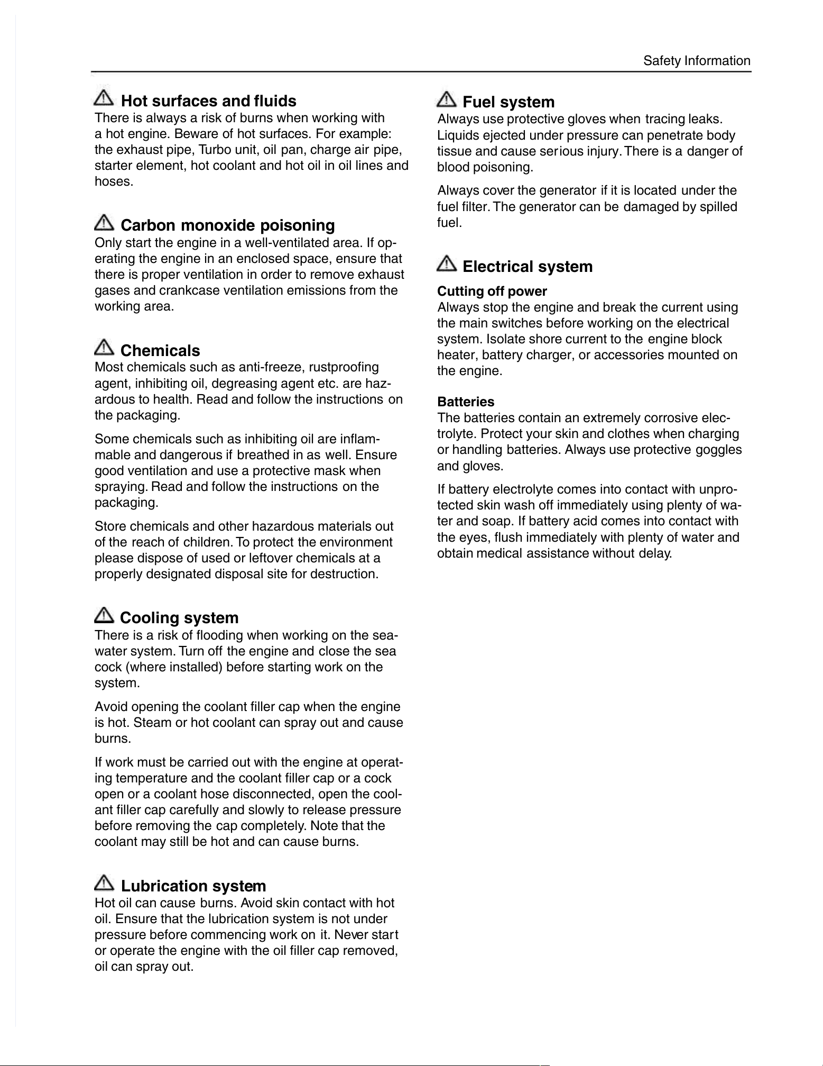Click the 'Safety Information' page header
(697, 61)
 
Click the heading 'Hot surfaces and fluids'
(208, 101)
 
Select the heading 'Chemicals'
(160, 351)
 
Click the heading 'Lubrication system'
(193, 886)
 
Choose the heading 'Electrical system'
(528, 266)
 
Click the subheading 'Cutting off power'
(492, 291)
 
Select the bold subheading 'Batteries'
(466, 402)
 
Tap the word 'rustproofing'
(344, 367)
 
